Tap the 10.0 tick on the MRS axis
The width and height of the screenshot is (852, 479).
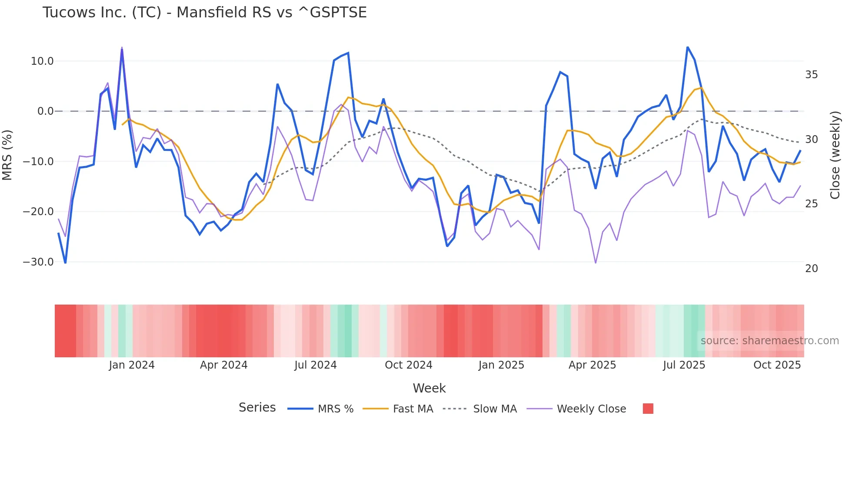[42, 61]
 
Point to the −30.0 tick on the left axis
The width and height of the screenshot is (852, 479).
[38, 262]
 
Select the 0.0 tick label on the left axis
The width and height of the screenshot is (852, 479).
[45, 111]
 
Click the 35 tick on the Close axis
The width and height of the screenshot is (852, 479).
[811, 75]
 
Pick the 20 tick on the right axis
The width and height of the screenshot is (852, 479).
[811, 269]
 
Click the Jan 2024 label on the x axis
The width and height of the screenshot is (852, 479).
[132, 365]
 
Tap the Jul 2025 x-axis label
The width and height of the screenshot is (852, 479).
[684, 365]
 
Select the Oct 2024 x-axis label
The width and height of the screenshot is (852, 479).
[408, 365]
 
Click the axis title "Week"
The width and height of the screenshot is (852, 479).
[429, 388]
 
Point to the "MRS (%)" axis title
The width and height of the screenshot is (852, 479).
[7, 155]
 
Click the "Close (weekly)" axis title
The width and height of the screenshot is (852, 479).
[835, 155]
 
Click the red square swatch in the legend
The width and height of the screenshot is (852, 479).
[648, 409]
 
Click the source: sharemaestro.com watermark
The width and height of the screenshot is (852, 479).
[769, 341]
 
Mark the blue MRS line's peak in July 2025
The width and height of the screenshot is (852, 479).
[687, 47]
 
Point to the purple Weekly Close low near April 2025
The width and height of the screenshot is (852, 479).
[596, 263]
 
